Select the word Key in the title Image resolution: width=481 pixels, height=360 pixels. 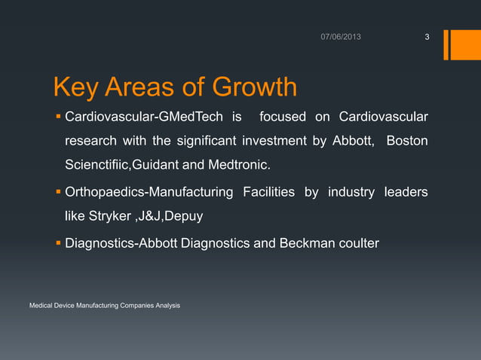(x=75, y=89)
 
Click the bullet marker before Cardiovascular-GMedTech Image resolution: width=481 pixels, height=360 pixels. (x=58, y=117)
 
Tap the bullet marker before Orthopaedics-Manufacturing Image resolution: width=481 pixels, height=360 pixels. (x=58, y=194)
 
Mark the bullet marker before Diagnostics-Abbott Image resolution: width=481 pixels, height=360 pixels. (x=58, y=244)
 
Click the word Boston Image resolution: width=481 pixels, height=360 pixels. (x=407, y=142)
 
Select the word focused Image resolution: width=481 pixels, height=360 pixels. (x=282, y=117)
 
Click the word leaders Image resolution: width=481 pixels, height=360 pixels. (x=406, y=194)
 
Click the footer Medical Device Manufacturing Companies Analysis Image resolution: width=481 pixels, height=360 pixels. (x=104, y=305)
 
